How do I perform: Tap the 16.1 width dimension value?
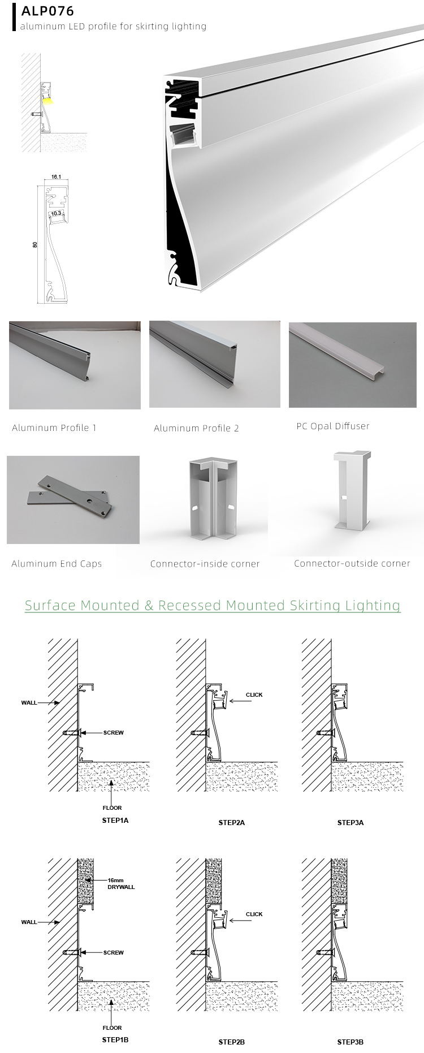56,177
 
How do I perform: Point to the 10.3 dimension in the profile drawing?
56,214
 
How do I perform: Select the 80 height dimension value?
35,245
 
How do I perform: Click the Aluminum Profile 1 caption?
54,428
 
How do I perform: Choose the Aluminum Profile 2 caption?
196,428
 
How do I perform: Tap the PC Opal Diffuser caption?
332,426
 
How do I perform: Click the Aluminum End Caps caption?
57,563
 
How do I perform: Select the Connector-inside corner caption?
205,564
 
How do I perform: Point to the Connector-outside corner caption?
352,563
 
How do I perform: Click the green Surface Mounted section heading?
213,605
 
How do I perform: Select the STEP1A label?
115,820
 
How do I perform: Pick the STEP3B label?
350,1042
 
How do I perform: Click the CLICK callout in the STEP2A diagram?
254,694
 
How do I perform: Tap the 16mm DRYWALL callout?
121,883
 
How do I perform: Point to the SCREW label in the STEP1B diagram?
113,952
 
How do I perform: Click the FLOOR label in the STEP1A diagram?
112,808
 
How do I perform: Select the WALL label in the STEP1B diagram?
29,922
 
